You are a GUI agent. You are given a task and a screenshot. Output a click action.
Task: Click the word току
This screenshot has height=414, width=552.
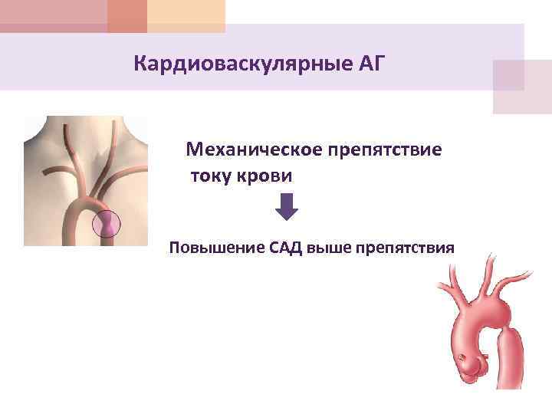pos(210,176)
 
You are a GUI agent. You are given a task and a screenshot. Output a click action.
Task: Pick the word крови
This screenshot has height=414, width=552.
pos(266,176)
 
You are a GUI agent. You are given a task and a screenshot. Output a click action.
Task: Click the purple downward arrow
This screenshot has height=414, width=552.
pos(285,206)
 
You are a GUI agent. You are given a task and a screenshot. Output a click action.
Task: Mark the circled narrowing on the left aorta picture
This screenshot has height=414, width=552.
pos(106,223)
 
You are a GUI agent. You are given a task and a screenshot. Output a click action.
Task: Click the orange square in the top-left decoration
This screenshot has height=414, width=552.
pos(127,15)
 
